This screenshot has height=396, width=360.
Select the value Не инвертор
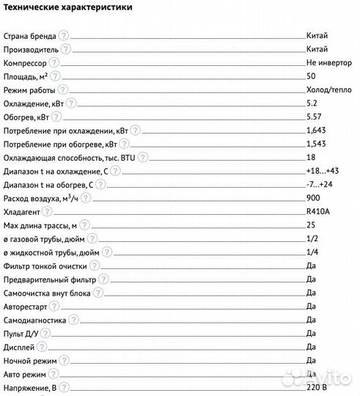(x=328, y=64)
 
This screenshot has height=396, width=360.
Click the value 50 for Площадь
(x=311, y=77)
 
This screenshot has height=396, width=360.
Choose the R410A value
(x=317, y=213)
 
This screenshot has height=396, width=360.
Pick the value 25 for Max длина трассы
(x=311, y=226)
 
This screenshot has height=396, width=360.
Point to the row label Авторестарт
(x=26, y=307)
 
